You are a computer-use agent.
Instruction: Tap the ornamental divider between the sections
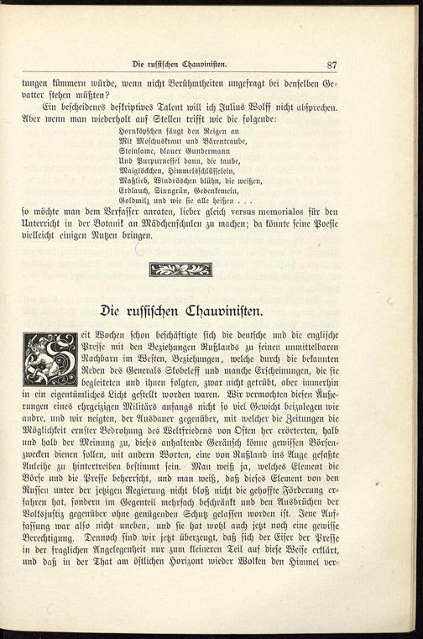point(180,269)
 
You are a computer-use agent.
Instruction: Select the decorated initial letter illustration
point(50,359)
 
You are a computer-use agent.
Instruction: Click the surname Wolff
point(265,107)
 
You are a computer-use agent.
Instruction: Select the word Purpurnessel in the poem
point(157,159)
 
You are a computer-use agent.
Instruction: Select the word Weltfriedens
point(191,422)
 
